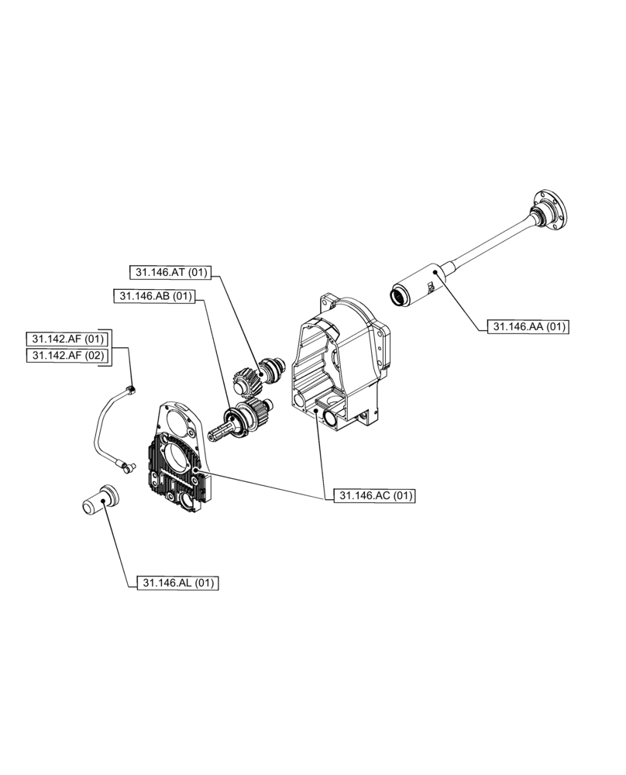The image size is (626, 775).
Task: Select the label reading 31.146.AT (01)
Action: click(170, 272)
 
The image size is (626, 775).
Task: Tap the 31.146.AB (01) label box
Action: click(154, 296)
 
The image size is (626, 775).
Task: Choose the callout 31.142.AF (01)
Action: click(66, 339)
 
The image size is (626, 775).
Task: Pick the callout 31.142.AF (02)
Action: click(66, 355)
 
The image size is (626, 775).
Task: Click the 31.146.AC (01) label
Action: click(375, 496)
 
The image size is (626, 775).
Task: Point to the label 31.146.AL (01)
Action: click(177, 583)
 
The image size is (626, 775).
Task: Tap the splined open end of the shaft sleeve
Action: click(399, 295)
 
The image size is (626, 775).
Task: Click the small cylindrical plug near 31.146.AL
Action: click(100, 499)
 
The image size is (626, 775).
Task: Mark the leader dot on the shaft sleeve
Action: click(437, 271)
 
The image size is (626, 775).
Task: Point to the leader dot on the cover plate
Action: click(197, 470)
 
